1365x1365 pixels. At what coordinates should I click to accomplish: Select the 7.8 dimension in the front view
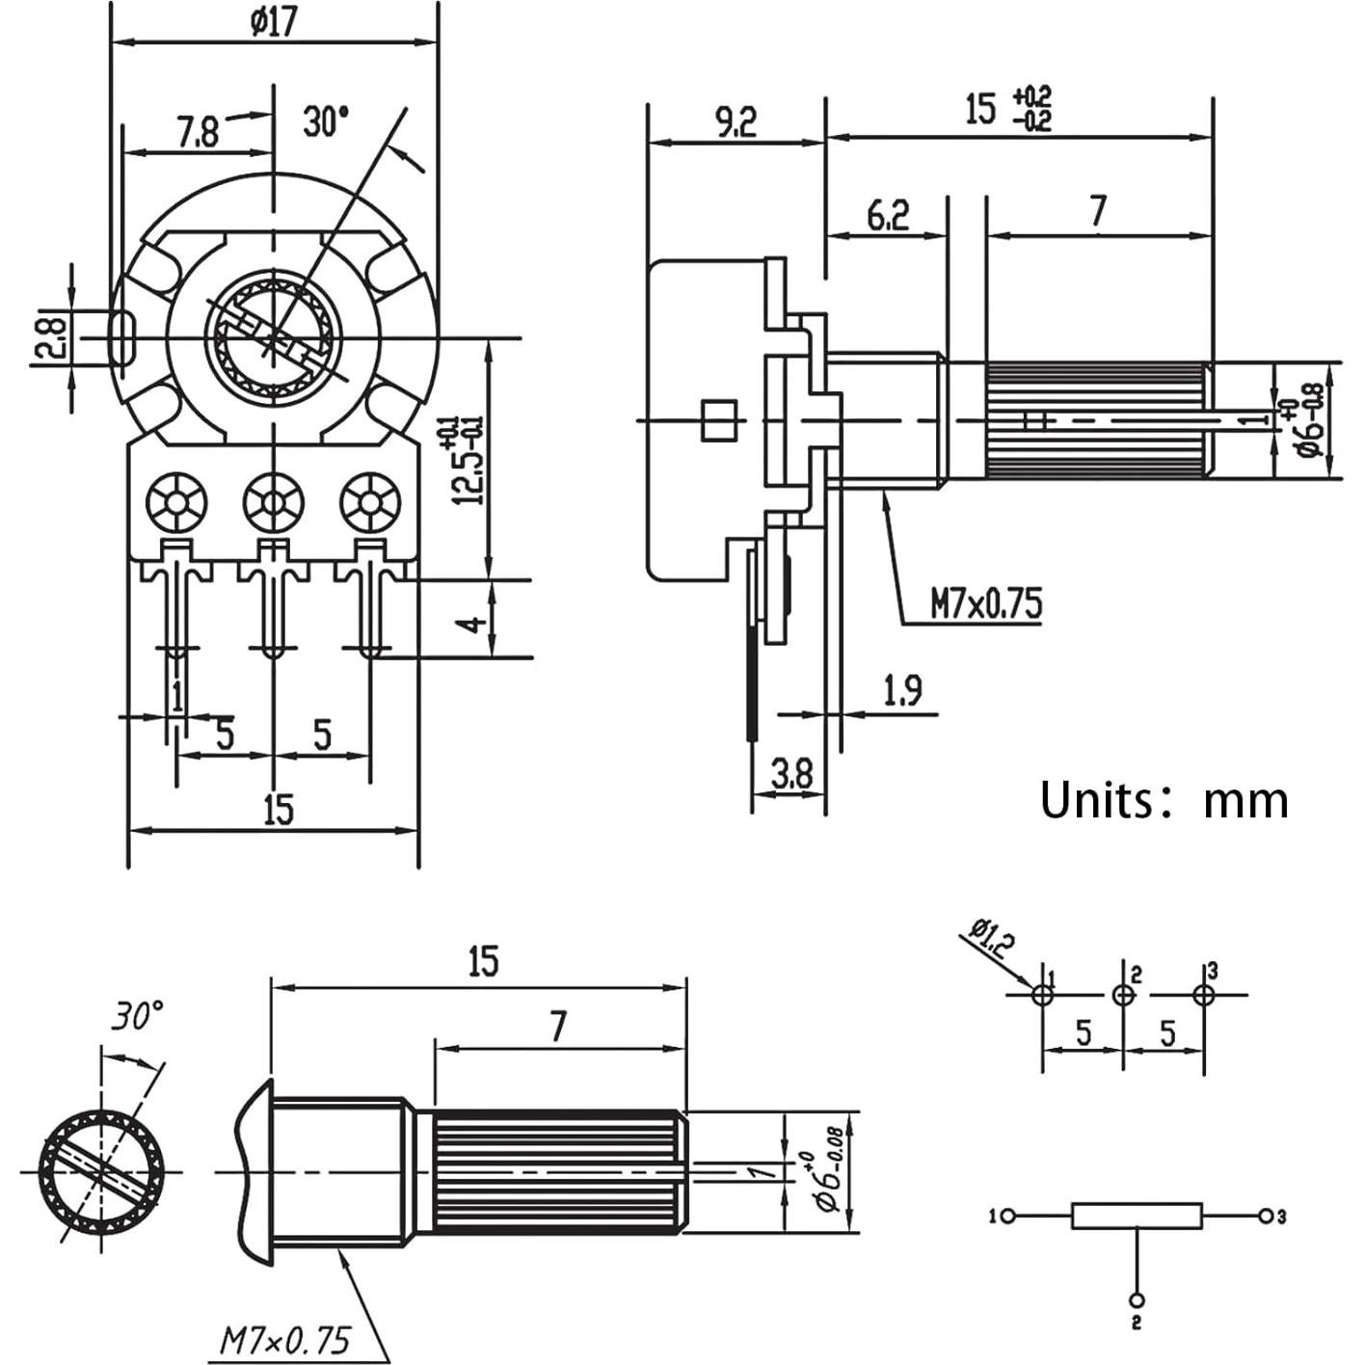tap(198, 131)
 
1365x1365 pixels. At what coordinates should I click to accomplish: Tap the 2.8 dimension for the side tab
tap(51, 338)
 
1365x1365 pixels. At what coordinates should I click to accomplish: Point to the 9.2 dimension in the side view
tap(735, 121)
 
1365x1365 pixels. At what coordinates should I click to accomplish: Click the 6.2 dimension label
tap(887, 215)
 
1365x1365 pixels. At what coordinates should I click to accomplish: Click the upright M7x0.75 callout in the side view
tap(985, 604)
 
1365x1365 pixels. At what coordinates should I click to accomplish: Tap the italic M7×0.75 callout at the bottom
tap(284, 1341)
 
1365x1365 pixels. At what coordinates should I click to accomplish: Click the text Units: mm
tap(1164, 800)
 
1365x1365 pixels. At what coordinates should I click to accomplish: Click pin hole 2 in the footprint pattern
tap(1123, 995)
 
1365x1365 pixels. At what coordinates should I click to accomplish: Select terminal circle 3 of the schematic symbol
tap(1266, 1216)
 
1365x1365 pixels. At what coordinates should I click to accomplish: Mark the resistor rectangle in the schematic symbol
tap(1137, 1216)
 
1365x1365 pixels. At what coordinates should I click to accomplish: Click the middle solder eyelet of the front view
tap(274, 502)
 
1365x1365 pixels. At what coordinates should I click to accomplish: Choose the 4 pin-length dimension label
tap(472, 624)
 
